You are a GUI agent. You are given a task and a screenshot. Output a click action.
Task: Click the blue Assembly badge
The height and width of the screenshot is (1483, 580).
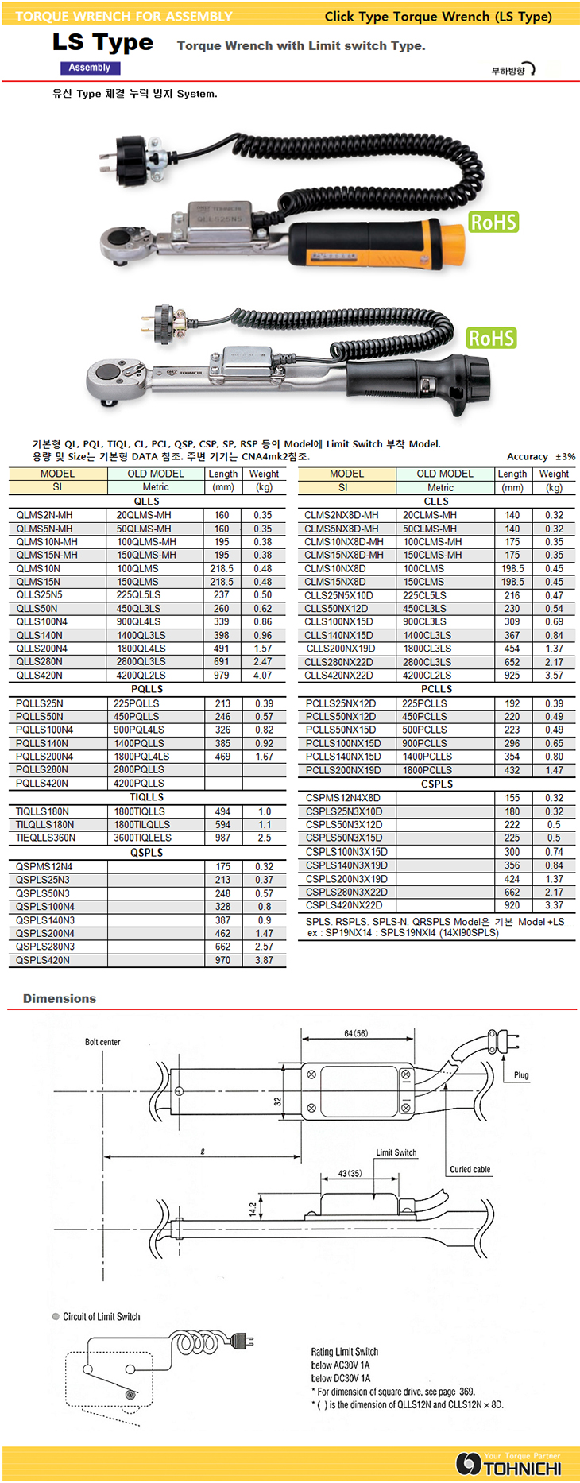(88, 68)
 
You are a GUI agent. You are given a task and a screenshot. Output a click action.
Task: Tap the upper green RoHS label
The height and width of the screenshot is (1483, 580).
(493, 222)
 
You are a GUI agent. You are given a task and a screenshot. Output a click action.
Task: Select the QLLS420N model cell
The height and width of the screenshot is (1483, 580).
(40, 676)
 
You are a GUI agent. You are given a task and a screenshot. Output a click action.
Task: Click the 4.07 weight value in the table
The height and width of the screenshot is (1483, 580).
(262, 676)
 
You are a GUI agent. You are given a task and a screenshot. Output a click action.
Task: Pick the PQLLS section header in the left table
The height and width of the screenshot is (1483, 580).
(147, 689)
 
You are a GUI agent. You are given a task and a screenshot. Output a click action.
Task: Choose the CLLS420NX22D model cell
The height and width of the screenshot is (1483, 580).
(339, 676)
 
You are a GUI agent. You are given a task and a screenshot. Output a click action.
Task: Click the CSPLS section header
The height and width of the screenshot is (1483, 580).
(437, 784)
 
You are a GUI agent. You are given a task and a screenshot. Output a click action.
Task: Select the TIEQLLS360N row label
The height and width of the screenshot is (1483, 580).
(45, 838)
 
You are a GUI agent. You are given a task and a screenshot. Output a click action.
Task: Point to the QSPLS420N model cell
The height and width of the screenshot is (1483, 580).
(43, 960)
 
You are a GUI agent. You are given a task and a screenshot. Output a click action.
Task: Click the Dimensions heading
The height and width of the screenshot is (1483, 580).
(60, 999)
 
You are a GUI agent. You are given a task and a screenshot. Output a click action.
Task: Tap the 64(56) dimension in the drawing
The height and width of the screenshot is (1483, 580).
(356, 1033)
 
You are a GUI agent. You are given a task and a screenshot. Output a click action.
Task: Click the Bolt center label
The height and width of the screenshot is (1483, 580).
(102, 1042)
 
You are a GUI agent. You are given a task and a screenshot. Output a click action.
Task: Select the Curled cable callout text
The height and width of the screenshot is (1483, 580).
(470, 1170)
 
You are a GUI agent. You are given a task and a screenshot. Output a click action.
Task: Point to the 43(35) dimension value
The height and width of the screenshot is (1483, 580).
(350, 1173)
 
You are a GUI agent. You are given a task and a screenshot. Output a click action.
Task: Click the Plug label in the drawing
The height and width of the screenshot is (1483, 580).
(521, 1075)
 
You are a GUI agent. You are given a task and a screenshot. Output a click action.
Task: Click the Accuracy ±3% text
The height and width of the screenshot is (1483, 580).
(540, 457)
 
